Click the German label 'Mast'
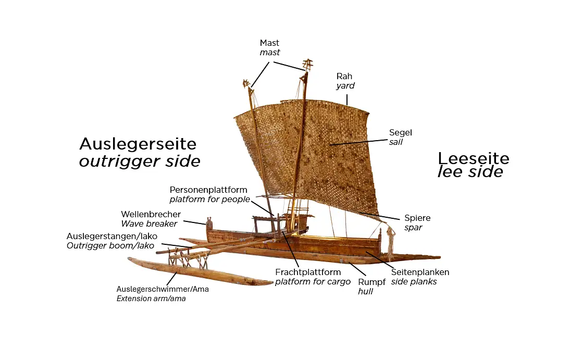269,43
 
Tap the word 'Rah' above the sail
344,76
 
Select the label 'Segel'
400,132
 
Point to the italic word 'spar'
413,228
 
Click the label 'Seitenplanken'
420,272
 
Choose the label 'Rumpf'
371,282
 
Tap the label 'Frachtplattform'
308,272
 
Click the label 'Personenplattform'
208,190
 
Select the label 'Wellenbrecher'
151,214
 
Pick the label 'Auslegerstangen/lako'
111,236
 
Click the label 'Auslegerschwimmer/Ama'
163,289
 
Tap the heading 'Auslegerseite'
138,144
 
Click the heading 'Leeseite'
473,158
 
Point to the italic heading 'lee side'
470,172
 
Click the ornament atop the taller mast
307,65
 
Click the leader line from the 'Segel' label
359,141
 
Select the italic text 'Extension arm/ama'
151,299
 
